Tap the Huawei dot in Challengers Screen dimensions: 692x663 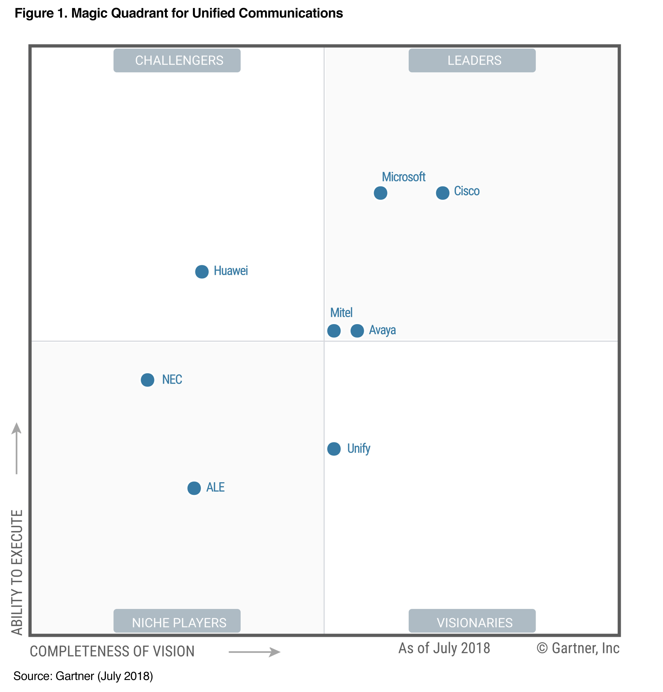[202, 272]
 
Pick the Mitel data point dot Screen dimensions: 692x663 [334, 331]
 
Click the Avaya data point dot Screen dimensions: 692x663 [357, 331]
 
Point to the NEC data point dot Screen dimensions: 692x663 [147, 380]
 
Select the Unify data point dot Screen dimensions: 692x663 [334, 449]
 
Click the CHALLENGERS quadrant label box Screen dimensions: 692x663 [177, 60]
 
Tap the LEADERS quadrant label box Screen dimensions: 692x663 [472, 60]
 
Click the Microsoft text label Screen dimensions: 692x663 [404, 177]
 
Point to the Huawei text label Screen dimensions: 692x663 [231, 271]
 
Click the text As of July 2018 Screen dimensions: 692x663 [444, 648]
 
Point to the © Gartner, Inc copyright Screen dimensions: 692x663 [578, 648]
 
